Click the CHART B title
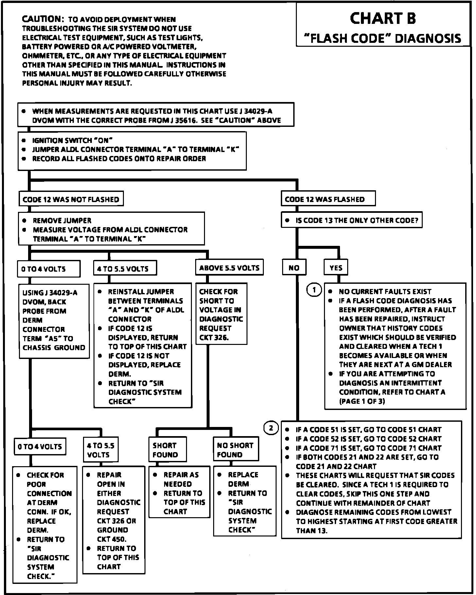click(382, 18)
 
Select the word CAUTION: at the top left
click(41, 19)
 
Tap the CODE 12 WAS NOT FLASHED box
click(71, 199)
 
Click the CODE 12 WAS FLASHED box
click(328, 199)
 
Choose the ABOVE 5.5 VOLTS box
click(229, 268)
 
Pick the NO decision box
click(294, 268)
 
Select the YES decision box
click(336, 268)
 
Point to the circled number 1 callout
click(314, 290)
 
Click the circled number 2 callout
click(271, 428)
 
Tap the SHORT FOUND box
click(167, 450)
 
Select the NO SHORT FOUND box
click(235, 450)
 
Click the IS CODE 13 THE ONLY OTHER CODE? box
click(351, 220)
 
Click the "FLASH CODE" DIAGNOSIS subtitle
click(382, 38)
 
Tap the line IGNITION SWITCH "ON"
click(72, 141)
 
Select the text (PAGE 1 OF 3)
click(362, 401)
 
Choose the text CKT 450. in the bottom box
click(111, 539)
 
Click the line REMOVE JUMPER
click(62, 221)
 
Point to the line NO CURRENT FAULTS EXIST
click(385, 291)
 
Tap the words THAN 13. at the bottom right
click(312, 531)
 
